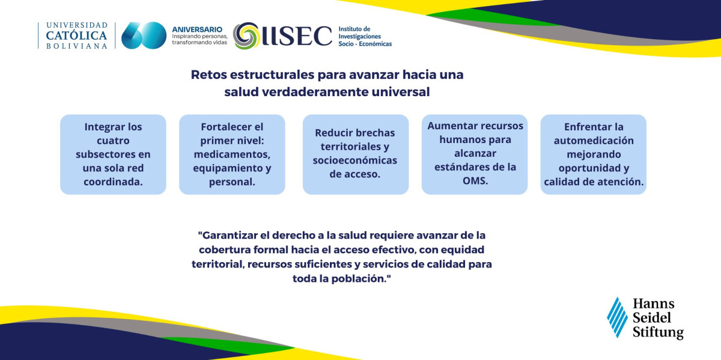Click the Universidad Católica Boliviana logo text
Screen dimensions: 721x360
click(x=77, y=35)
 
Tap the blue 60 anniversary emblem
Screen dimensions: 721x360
click(x=144, y=35)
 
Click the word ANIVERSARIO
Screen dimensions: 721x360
click(x=197, y=29)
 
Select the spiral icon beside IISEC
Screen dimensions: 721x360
click(x=246, y=35)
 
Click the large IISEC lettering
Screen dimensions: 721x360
click(x=297, y=35)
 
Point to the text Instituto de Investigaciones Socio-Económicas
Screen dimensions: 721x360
click(x=365, y=37)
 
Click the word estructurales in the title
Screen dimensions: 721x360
click(x=272, y=75)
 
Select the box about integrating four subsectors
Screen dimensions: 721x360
click(x=114, y=154)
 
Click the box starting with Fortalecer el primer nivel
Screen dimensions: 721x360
click(x=232, y=154)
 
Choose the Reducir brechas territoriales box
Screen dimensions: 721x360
click(x=356, y=154)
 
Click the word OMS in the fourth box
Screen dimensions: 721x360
click(x=475, y=181)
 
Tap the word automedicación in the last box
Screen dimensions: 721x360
click(x=594, y=141)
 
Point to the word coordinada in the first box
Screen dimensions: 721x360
click(x=113, y=182)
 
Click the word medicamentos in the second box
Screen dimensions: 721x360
click(x=232, y=154)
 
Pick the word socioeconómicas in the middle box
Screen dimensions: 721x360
click(x=355, y=160)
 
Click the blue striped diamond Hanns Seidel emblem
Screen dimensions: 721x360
click(x=618, y=317)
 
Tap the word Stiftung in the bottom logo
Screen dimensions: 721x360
click(x=659, y=332)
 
